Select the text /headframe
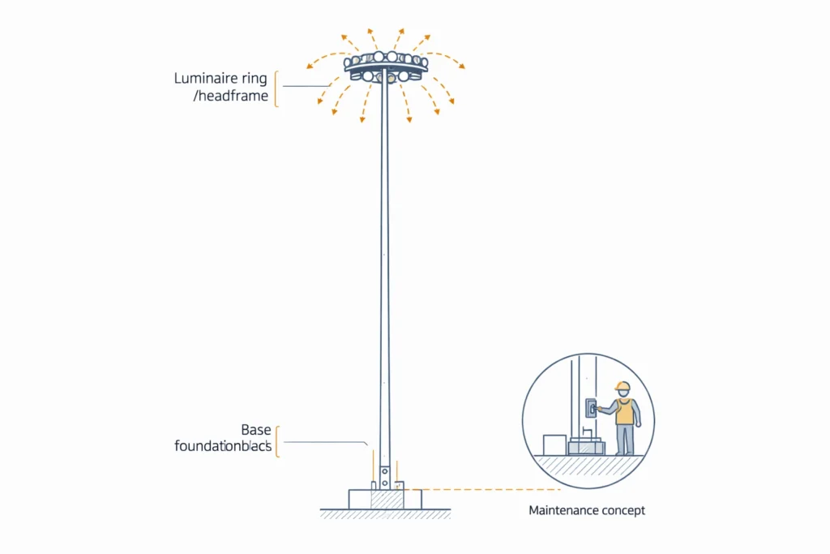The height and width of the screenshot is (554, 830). point(232,97)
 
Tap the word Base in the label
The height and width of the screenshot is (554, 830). point(256,429)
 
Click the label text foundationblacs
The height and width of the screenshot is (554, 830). point(223,445)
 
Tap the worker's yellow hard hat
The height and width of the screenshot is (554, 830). point(622,386)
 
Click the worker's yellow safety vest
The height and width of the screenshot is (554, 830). point(624,411)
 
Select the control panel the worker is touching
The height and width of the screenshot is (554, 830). point(591,408)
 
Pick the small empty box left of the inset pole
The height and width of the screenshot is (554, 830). point(554,444)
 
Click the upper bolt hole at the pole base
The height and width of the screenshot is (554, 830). point(385,470)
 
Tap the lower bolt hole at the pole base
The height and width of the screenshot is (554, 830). point(385,482)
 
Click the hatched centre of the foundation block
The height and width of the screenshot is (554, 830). point(386,499)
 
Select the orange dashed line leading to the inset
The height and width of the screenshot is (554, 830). point(486,490)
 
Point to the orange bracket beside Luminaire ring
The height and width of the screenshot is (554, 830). point(276,88)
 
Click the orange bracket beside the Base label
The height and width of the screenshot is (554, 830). point(277,440)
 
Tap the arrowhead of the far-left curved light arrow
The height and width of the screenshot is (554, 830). point(309,65)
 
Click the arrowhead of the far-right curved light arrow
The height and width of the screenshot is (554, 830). point(463,67)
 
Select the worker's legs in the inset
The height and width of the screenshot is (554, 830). point(624,439)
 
